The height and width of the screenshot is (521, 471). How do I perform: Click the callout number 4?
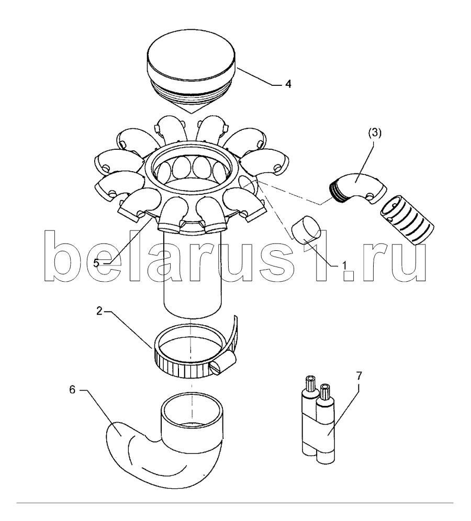(x=288, y=84)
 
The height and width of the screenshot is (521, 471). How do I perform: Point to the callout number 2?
(x=99, y=311)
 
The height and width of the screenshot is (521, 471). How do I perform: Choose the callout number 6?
(x=72, y=390)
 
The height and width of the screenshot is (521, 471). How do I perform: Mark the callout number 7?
(x=359, y=376)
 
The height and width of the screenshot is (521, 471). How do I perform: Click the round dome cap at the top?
(x=192, y=75)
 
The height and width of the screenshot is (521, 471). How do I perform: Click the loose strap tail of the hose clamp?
(x=232, y=332)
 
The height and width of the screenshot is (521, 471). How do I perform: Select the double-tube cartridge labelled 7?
(x=319, y=419)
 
